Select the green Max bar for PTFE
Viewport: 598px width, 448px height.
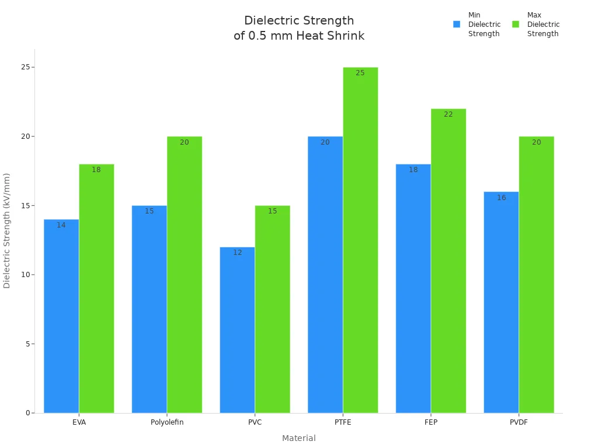[x=360, y=240]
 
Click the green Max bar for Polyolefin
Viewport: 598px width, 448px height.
[x=185, y=275]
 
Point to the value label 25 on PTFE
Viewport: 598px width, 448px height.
[x=360, y=73]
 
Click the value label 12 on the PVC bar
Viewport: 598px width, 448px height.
[x=238, y=253]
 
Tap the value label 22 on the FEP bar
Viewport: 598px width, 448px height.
[x=448, y=114]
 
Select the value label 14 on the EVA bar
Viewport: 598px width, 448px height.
[x=61, y=225]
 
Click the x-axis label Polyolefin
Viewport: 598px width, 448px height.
[x=167, y=422]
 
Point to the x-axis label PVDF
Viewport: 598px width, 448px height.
[x=519, y=422]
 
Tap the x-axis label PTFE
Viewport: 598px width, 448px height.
[x=343, y=422]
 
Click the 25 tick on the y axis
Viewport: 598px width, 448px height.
[x=25, y=67]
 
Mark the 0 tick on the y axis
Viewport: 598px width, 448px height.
[x=27, y=413]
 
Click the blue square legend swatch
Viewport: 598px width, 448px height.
[x=457, y=24]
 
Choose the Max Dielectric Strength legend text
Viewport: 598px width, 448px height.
[x=543, y=24]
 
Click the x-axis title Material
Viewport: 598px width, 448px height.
[x=299, y=438]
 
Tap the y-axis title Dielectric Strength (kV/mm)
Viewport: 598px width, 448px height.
[x=7, y=230]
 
